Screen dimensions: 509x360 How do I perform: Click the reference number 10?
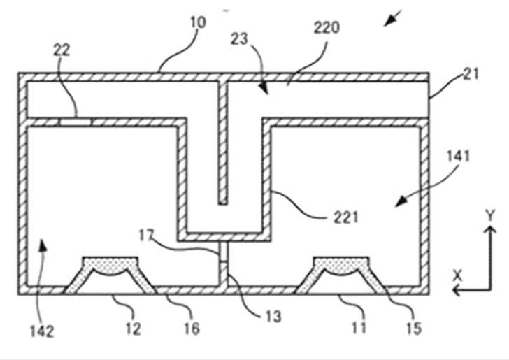[x=198, y=23]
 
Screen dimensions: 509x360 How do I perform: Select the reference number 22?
[x=62, y=50]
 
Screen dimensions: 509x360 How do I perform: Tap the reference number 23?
[x=239, y=39]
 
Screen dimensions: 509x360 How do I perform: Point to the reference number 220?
[x=327, y=27]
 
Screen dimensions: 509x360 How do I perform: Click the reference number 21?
[x=471, y=74]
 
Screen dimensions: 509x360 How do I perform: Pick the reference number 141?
[x=459, y=156]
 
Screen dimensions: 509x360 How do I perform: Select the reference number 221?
[x=346, y=217]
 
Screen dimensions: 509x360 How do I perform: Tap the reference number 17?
[x=146, y=236]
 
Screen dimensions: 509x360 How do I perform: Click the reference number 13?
[x=273, y=317]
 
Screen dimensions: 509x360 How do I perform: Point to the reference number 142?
[x=42, y=332]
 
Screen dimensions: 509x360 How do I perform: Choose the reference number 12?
[x=134, y=329]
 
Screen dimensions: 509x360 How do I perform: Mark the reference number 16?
[x=192, y=329]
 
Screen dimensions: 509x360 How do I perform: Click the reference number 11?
[x=359, y=328]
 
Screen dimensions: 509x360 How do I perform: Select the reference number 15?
[x=414, y=329]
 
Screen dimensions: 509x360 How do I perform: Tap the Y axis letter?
[x=490, y=215]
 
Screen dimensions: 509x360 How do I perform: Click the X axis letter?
[x=458, y=276]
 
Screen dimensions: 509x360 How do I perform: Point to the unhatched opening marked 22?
[x=76, y=122]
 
